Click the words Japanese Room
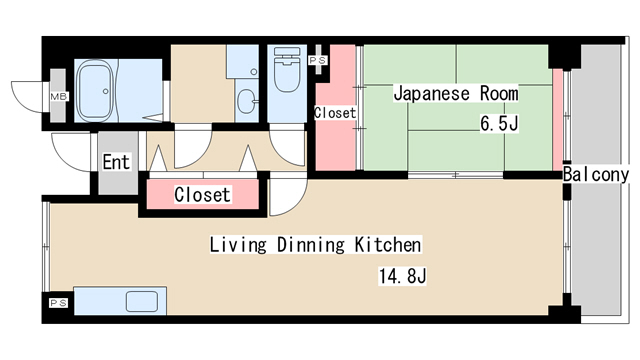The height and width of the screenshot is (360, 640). tap(455, 94)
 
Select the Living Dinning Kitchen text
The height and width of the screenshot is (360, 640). tap(315, 245)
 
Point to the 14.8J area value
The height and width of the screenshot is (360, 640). tap(404, 275)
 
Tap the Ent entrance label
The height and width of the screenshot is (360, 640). tap(115, 160)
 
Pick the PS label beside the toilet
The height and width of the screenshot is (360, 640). tap(318, 61)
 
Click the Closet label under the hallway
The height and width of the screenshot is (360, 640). tap(202, 195)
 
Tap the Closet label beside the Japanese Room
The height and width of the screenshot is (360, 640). tap(334, 113)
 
